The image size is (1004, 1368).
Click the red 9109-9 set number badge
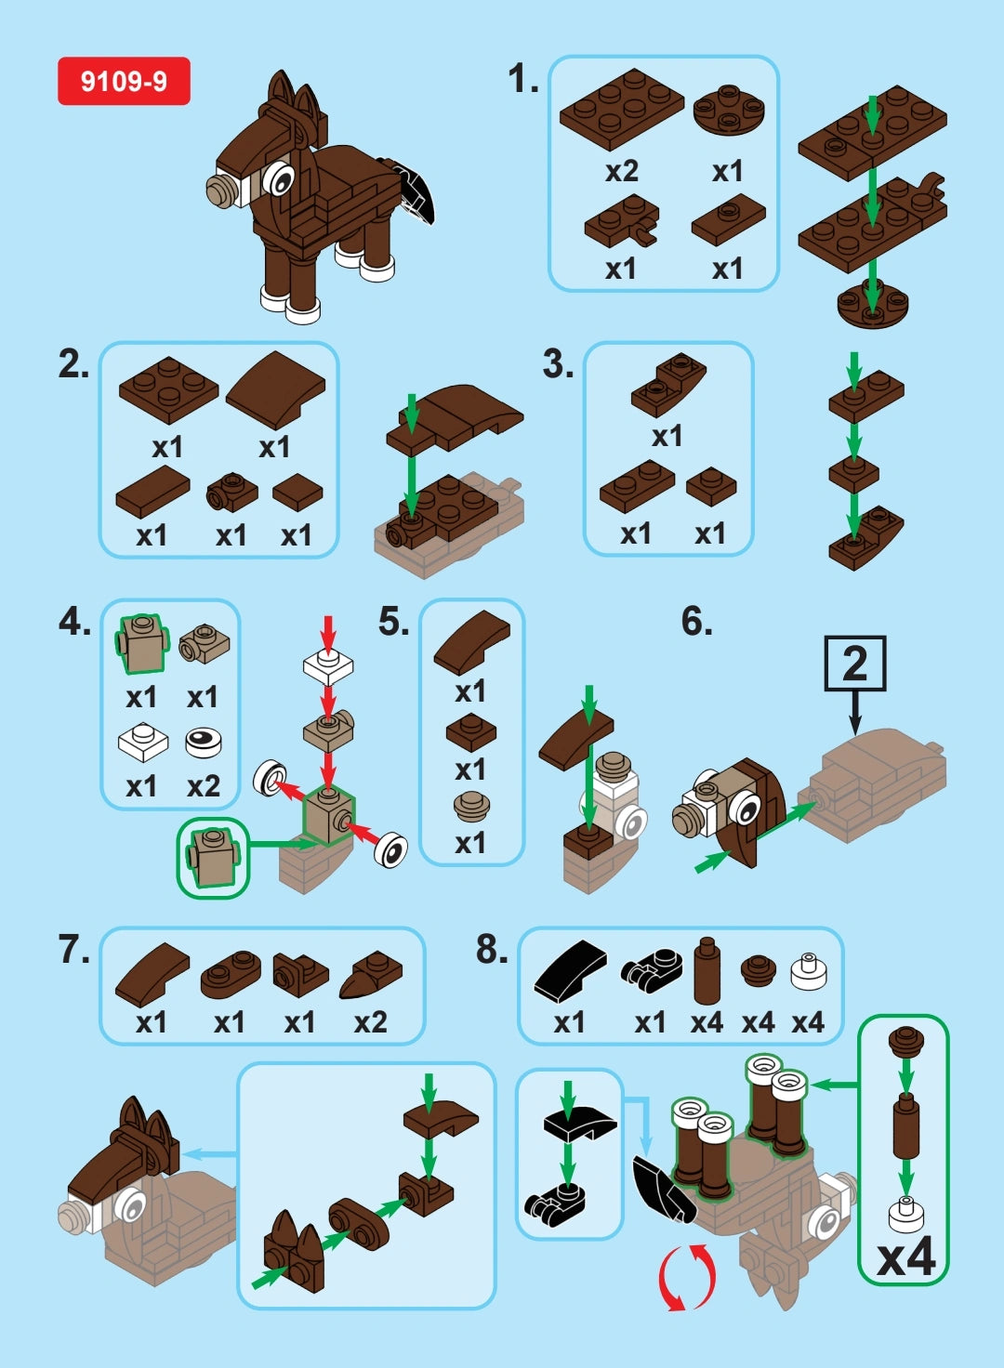124,81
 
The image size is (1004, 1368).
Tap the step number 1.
523,79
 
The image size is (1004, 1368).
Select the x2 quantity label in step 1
621,171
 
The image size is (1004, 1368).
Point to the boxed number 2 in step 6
854,664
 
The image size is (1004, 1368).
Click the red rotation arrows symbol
687,1278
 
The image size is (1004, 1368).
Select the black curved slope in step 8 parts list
570,972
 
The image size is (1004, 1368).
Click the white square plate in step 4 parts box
142,742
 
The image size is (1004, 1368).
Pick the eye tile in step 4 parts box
204,742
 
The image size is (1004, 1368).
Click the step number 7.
73,950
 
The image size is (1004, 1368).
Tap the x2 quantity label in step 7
370,1022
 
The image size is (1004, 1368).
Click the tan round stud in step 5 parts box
471,806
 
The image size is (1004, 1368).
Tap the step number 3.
558,364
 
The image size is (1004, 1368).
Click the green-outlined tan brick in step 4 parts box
141,643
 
